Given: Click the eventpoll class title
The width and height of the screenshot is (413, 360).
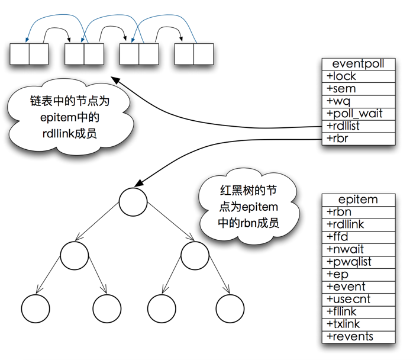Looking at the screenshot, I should click(359, 64).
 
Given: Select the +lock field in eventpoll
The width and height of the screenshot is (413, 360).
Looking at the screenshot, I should click(359, 76).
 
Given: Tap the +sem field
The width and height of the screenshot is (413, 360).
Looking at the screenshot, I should click(359, 89).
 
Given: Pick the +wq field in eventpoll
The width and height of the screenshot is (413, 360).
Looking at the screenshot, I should click(359, 101).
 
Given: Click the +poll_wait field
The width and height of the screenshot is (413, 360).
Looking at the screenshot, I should click(359, 114).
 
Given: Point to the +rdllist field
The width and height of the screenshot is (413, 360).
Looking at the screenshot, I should click(359, 126).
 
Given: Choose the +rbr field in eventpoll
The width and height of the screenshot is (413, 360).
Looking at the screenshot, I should click(359, 139).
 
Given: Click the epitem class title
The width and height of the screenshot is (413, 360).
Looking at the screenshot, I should click(359, 200).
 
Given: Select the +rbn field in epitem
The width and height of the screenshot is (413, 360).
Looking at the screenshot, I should click(359, 212).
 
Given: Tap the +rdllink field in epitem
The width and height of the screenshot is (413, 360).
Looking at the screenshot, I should click(359, 224).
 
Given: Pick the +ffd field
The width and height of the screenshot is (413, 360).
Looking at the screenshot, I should click(359, 237).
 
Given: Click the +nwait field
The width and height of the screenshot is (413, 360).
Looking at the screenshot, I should click(359, 249).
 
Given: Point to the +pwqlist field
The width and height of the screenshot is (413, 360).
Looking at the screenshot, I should click(359, 262).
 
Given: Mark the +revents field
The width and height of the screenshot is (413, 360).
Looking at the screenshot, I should click(359, 336).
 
